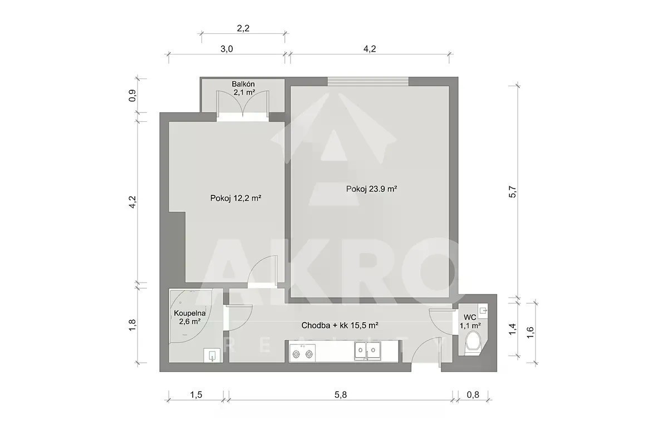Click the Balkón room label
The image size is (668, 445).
pos(243,88)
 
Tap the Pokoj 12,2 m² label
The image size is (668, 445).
pos(235,198)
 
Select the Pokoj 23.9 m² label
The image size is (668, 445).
pos(371,189)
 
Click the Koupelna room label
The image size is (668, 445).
pos(190,317)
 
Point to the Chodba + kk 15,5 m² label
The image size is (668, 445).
pos(340,325)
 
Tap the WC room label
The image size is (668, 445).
pos(470,322)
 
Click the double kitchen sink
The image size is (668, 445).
pos(367,351)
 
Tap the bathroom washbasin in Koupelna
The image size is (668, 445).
pos(212,355)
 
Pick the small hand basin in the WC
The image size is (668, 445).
pos(483,311)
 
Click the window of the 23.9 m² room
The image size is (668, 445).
pos(368,81)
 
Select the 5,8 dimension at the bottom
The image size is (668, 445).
pos(341,394)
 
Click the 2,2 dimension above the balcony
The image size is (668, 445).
pos(243,28)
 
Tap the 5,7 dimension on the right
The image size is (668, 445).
pos(512,192)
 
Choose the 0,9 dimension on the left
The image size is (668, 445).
pos(132,96)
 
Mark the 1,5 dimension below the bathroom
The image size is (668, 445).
pos(196,394)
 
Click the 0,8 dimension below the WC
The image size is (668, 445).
pos(473,394)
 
